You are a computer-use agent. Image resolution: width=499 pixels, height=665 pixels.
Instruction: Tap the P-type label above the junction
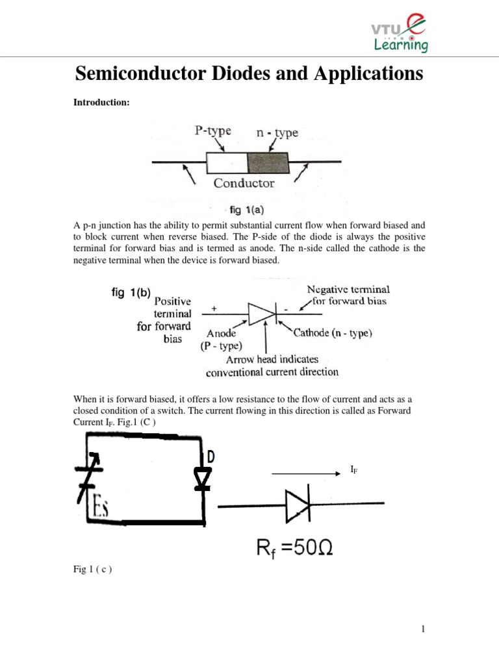212,131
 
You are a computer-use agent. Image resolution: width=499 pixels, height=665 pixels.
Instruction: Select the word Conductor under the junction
244,183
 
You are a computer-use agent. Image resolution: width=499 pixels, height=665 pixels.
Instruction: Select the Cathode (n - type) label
333,333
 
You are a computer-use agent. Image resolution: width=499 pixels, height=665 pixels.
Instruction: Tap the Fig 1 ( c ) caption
92,570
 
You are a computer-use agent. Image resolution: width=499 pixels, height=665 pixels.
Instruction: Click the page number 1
423,629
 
